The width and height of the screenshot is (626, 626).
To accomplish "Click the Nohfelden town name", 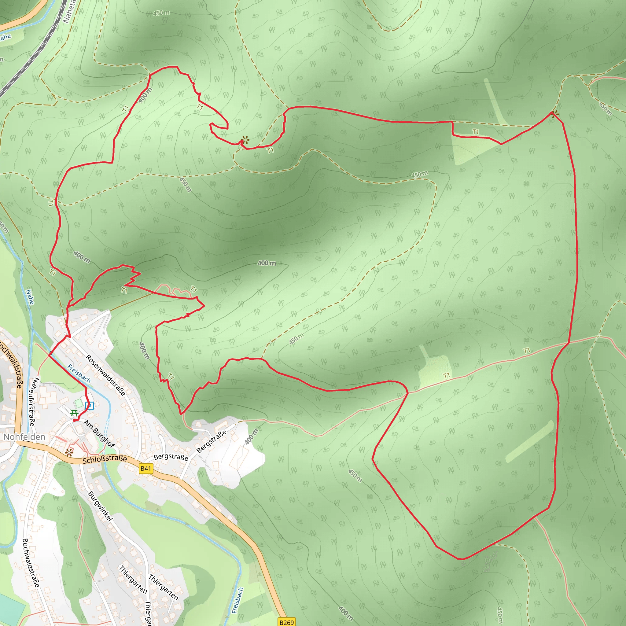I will pos(24,437).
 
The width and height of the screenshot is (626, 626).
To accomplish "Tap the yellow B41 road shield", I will pos(146,468).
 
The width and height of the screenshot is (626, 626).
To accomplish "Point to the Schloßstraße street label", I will pos(105,459).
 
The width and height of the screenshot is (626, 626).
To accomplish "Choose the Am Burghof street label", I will pos(99,433).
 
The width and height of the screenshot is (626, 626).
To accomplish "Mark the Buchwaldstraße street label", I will pos(31,563).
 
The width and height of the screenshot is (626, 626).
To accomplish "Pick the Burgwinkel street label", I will pos(101,506).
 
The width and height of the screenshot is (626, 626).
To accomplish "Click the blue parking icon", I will pos(90,405).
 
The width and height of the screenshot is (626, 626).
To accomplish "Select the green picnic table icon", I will pos(74,413).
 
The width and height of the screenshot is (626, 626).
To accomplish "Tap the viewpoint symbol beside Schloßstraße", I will pos(69,452).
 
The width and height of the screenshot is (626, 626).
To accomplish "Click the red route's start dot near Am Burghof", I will pos(75,420).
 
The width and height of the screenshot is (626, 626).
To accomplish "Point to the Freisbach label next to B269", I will pos(238,600).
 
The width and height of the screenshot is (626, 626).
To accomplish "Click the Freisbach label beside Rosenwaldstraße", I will pos(79,373).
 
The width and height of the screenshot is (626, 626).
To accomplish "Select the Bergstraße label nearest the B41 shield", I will pos(171,457).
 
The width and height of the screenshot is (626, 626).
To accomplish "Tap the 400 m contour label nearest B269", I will pos(345,613).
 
